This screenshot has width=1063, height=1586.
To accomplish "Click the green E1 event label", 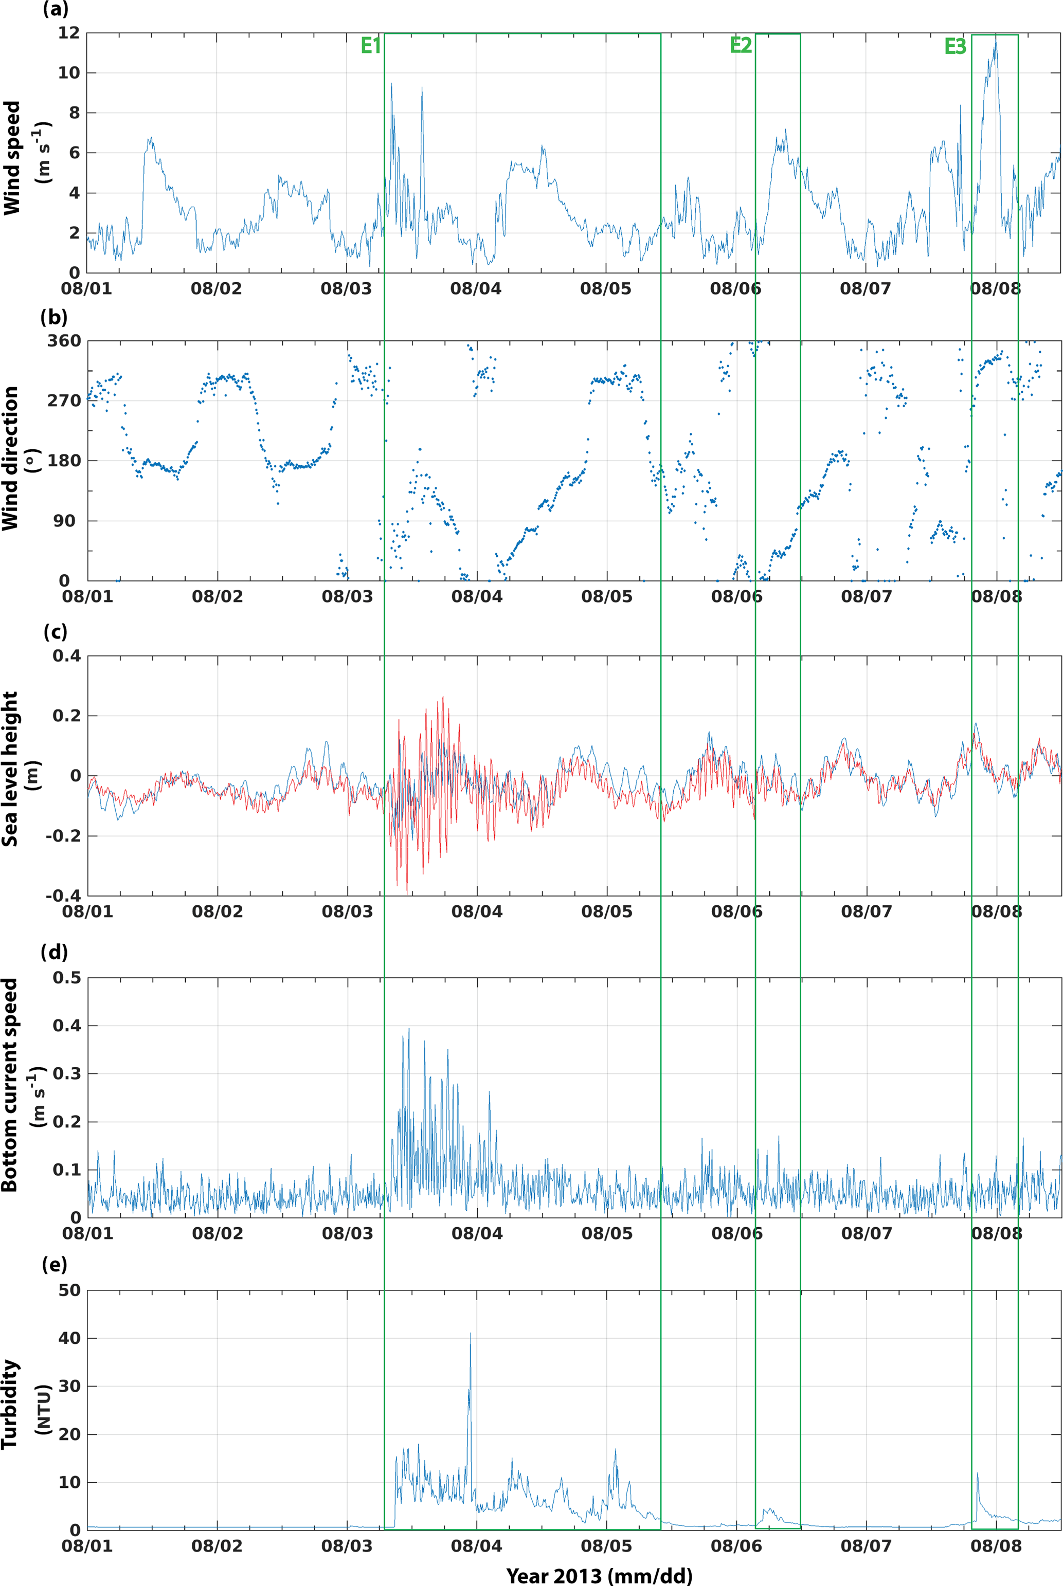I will point(371,46).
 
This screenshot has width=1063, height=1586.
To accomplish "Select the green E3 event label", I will point(954,46).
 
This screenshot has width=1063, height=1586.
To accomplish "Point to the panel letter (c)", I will point(55,632).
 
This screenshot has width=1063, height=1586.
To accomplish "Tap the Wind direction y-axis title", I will point(10,459).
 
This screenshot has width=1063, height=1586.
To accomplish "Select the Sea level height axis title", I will point(10,769).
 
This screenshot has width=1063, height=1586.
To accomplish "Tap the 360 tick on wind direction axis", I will point(64,341).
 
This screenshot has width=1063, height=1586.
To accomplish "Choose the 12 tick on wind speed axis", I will point(69,33).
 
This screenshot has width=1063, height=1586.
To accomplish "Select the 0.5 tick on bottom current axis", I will point(66,978).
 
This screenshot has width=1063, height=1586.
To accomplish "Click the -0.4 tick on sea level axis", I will point(63,896).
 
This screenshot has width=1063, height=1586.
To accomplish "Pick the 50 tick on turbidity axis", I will point(69,1290).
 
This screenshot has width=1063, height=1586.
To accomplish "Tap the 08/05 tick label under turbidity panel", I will point(606,1546).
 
